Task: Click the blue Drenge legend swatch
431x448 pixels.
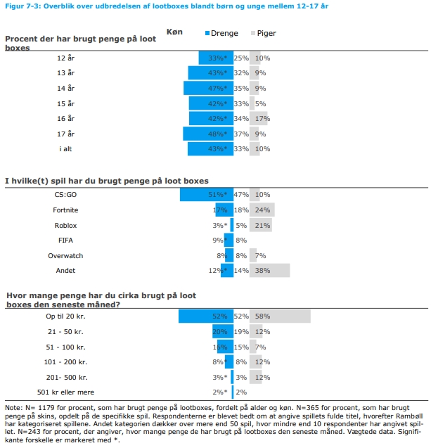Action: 208,33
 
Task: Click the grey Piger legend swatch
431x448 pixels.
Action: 253,33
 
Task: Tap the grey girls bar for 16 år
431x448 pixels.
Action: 258,118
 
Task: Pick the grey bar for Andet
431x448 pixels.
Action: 269,270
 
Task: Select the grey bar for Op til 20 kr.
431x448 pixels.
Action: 280,316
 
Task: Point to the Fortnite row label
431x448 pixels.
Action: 65,210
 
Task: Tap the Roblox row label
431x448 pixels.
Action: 65,225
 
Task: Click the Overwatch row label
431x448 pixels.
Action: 65,255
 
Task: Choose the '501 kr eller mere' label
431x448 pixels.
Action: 65,392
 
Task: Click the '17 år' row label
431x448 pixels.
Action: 65,134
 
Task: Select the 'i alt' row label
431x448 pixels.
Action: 65,148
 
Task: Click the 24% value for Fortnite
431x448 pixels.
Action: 263,210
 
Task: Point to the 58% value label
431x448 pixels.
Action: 263,316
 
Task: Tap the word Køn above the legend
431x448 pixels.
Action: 174,32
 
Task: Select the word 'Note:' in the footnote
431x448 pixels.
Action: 14,407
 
